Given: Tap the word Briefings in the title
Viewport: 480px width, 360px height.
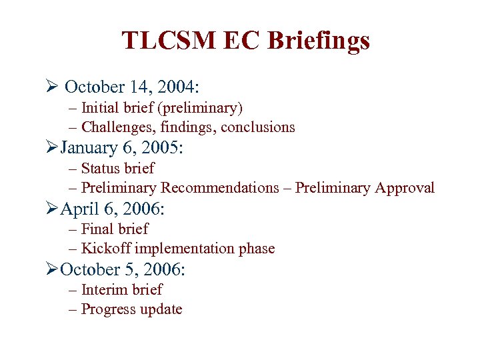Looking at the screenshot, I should tap(319, 41).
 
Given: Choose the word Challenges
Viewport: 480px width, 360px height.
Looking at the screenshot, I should tap(117, 127).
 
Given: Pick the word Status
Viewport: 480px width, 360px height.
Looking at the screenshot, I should tap(100, 168).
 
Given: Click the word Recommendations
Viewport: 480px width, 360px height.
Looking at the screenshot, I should tap(220, 188).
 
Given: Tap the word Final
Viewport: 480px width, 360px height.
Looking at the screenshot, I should tap(97, 229).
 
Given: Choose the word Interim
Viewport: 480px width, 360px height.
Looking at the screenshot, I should tap(104, 289).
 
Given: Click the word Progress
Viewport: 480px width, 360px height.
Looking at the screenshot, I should tap(107, 309).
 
